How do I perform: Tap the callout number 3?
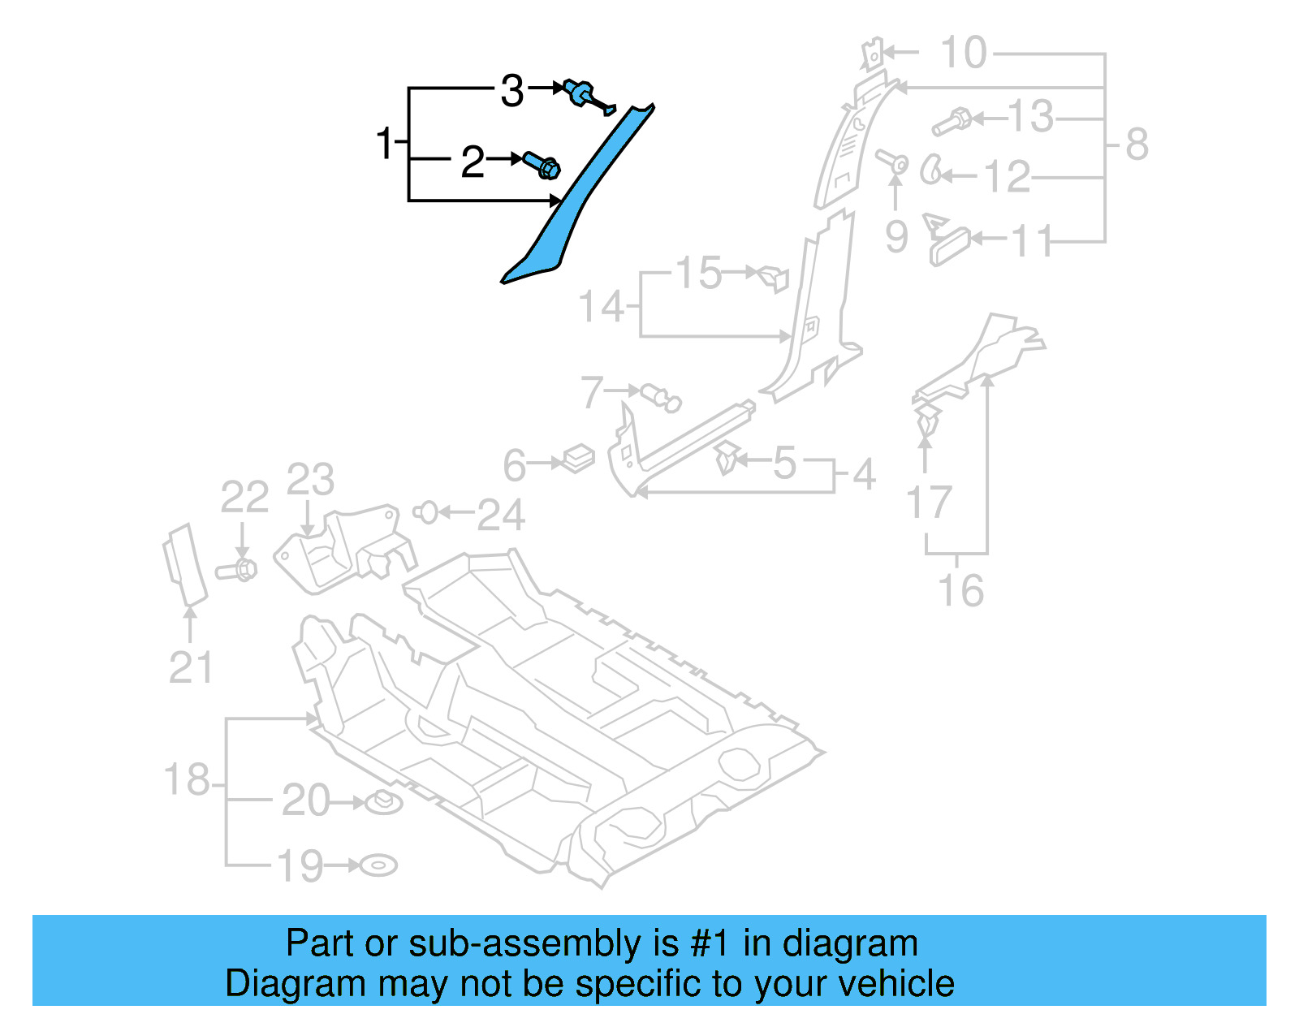[x=512, y=91]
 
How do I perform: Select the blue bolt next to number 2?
[x=542, y=165]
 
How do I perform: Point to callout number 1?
[x=385, y=144]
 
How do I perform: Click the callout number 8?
[x=1137, y=145]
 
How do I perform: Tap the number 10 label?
[x=964, y=54]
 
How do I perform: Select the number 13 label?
[x=1030, y=117]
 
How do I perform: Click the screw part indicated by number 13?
[x=952, y=123]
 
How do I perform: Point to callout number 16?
[x=960, y=590]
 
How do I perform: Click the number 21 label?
[x=191, y=667]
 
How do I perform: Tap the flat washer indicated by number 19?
[x=378, y=865]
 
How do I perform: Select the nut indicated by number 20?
[x=383, y=803]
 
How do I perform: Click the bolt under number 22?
[x=237, y=570]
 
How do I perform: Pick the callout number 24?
[x=500, y=515]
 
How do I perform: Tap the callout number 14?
[x=602, y=307]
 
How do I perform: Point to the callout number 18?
[x=188, y=779]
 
